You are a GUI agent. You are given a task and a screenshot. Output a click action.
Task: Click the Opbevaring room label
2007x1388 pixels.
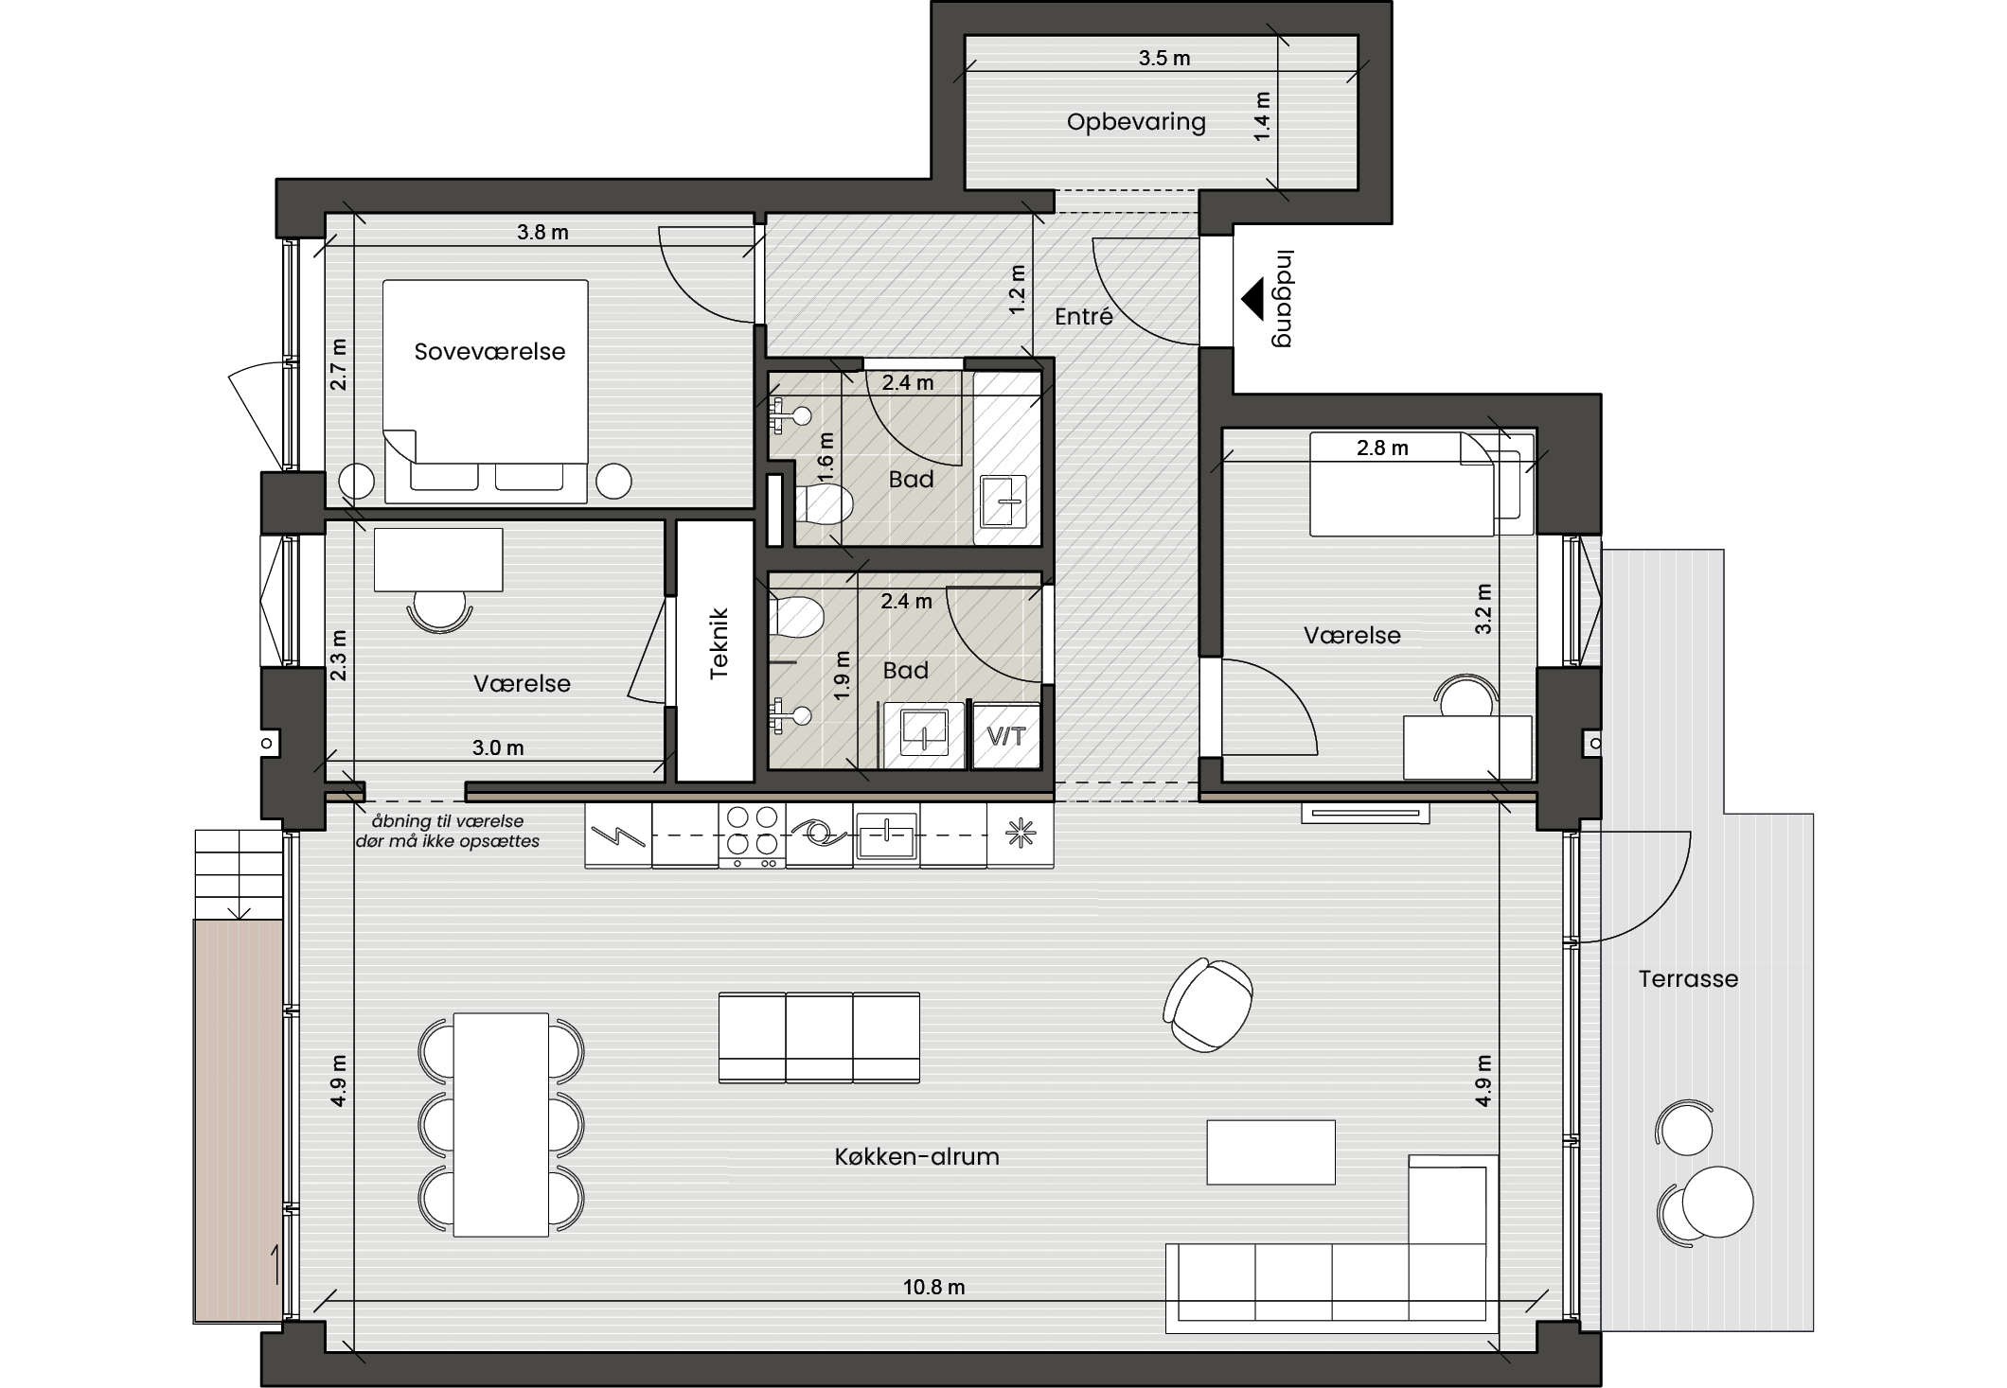pos(1136,122)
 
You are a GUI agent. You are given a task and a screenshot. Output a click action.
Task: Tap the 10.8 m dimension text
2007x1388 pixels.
pos(933,1287)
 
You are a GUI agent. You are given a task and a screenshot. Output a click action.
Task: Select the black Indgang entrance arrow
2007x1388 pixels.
pos(1252,298)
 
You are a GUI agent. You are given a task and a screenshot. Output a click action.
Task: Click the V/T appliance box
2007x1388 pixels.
pos(1006,735)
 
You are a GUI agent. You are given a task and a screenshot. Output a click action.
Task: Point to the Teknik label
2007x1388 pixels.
pos(719,643)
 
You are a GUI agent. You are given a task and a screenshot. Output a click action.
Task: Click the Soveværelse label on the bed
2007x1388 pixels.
pos(489,351)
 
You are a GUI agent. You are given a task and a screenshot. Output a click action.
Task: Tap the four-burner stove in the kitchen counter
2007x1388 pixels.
pos(752,835)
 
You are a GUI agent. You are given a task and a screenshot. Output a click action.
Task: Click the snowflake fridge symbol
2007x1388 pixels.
pos(1021,834)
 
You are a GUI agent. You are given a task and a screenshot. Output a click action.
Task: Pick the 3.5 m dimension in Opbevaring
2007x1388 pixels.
pos(1164,58)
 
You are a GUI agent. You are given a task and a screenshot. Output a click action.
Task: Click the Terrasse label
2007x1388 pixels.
pos(1688,978)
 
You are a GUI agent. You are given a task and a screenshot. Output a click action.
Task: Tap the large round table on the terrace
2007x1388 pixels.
pos(1717,1202)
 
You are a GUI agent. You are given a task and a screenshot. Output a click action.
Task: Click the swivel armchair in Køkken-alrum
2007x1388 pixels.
pos(1208,1005)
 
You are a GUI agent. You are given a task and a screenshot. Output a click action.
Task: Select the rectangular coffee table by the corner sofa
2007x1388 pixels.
pos(1270,1152)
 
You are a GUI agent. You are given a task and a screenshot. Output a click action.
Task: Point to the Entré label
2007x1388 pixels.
pos(1084,316)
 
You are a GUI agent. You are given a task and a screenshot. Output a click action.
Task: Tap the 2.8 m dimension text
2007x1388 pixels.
pos(1382,448)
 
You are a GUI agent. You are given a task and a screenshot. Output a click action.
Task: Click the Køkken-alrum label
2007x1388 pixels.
pos(916,1156)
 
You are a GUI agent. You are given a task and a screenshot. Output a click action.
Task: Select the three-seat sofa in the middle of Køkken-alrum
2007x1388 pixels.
pos(819,1037)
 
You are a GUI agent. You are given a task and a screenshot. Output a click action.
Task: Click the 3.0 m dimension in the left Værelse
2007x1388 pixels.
pos(498,747)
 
